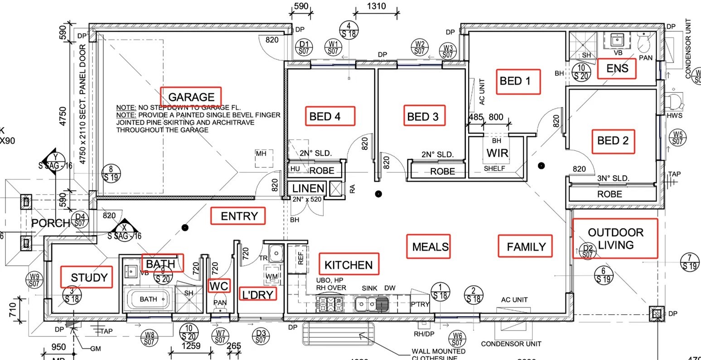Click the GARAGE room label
pos(191,97)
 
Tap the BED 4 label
pos(331,116)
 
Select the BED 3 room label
pos(423,116)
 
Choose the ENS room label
pos(617,68)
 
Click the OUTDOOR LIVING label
pos(615,239)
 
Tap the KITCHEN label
pos(349,265)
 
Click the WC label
pos(219,286)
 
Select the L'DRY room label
pos(257,295)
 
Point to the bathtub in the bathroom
pos(148,299)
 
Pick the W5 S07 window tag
pos(677,138)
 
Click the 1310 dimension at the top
pos(376,6)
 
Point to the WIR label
pos(497,153)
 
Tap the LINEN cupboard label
pos(308,188)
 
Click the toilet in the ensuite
pos(644,43)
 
